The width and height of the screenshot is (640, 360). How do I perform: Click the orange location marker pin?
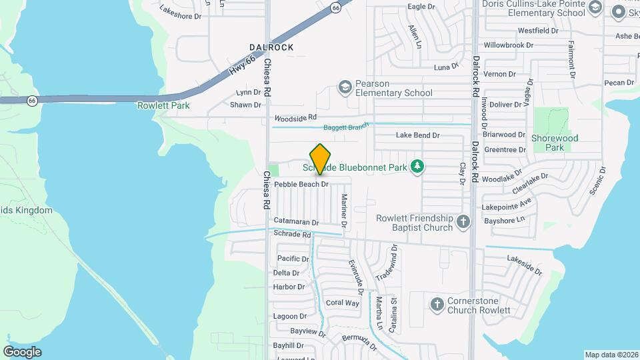tap(321, 159)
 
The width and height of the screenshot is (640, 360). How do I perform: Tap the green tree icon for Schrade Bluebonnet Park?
tap(417, 165)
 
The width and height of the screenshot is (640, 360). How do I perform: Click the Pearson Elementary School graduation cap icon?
tap(345, 87)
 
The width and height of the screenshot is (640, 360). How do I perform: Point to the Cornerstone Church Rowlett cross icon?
tap(437, 305)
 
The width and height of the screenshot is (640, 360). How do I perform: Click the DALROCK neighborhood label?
tap(271, 47)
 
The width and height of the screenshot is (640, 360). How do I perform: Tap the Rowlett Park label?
tap(163, 105)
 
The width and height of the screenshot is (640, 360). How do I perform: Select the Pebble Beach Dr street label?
tap(302, 184)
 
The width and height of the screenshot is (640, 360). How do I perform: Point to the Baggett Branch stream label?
tap(346, 127)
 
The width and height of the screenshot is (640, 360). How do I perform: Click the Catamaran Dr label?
tap(296, 221)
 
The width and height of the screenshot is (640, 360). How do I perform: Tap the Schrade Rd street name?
tap(292, 235)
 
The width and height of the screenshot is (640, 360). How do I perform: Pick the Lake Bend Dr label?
tap(418, 135)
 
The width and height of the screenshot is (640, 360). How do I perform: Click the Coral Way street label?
tap(343, 303)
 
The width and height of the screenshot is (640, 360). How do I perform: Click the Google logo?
tap(22, 351)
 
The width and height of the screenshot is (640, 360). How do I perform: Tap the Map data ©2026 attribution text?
tap(611, 355)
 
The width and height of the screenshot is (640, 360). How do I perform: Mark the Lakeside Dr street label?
tap(525, 265)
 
